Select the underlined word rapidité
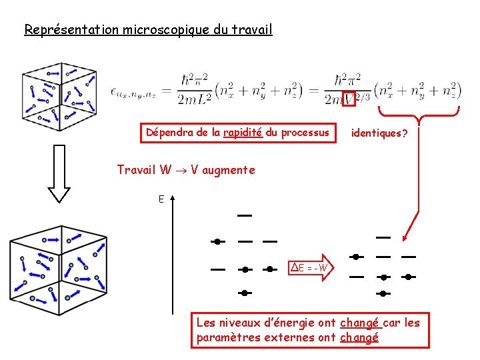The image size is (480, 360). [243, 133]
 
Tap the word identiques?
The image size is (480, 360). [379, 133]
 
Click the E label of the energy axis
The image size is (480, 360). [161, 199]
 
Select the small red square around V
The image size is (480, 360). [349, 99]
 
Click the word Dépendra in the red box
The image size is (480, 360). [170, 133]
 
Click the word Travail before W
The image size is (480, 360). [136, 170]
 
